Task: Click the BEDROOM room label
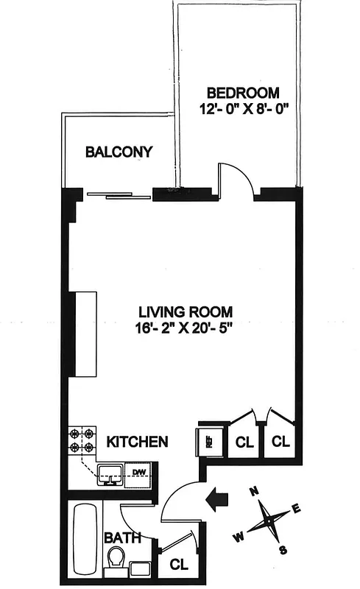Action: click(243, 93)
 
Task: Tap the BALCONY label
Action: click(119, 152)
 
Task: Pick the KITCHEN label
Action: click(137, 442)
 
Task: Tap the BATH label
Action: click(122, 538)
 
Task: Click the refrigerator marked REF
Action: click(208, 442)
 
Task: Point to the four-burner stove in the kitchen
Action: click(81, 440)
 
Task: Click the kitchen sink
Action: click(110, 475)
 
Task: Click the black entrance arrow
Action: click(219, 499)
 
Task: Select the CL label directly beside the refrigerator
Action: click(244, 442)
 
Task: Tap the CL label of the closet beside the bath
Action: click(177, 565)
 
